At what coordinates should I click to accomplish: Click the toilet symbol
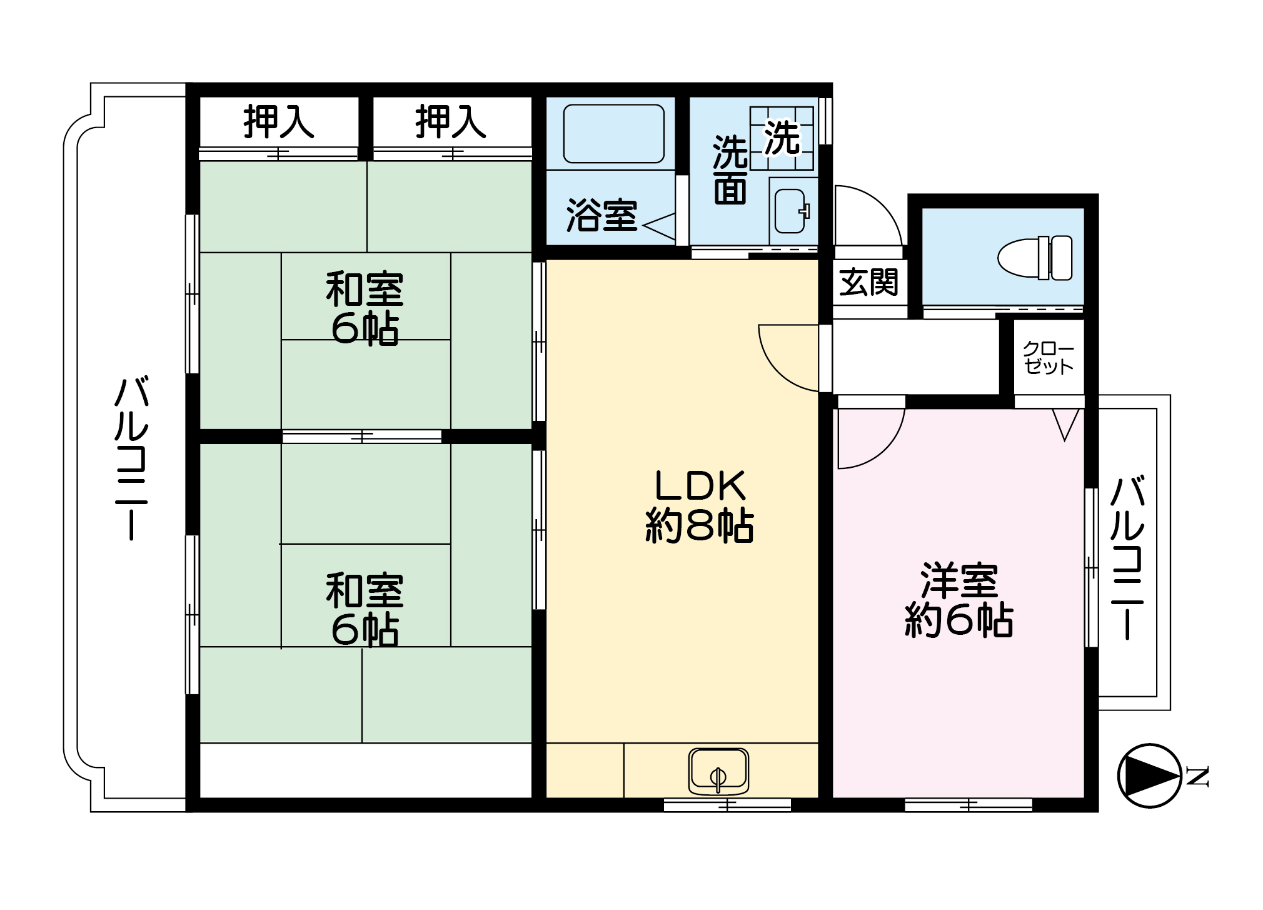point(1035,258)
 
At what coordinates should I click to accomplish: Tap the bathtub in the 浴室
point(613,134)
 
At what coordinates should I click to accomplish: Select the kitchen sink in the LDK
point(718,771)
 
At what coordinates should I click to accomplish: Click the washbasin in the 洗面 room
point(792,211)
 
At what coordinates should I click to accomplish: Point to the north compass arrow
point(1149,776)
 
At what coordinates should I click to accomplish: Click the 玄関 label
point(869,282)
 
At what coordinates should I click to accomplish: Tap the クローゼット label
point(1049,358)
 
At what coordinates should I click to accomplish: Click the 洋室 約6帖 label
point(959,600)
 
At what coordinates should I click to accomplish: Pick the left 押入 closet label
point(279,122)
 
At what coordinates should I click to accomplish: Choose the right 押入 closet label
point(451,122)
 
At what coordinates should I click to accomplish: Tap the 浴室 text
point(601,216)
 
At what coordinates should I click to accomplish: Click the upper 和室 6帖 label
point(365,308)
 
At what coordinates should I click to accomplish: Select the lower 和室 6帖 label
point(365,609)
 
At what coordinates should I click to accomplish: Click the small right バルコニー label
point(1127,557)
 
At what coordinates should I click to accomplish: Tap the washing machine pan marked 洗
point(783,138)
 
